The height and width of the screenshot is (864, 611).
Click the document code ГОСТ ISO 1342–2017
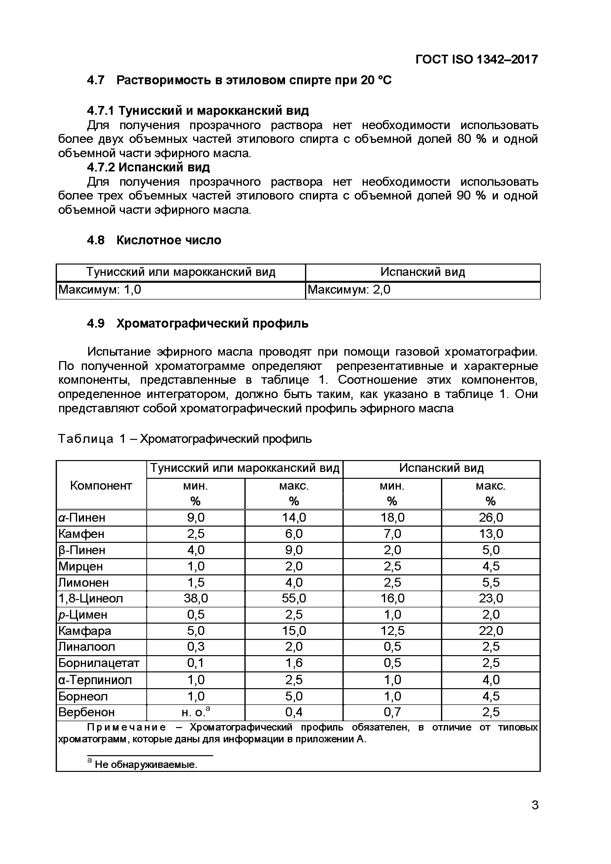click(x=476, y=59)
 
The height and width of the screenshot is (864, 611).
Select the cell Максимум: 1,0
click(x=100, y=290)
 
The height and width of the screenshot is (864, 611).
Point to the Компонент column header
click(x=101, y=485)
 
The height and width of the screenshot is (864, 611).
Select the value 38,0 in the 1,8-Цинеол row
click(x=196, y=598)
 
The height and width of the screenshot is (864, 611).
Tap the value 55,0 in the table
click(x=294, y=598)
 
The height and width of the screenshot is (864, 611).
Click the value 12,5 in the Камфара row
click(x=392, y=631)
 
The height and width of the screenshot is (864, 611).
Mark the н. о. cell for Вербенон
click(x=196, y=712)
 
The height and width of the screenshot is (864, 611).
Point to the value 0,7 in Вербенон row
click(x=392, y=712)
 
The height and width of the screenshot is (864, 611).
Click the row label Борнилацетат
click(x=99, y=663)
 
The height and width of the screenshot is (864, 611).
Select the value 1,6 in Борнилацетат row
click(x=294, y=663)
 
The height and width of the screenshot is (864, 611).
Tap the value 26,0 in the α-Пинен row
click(x=491, y=518)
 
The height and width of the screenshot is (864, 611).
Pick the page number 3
click(x=535, y=805)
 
